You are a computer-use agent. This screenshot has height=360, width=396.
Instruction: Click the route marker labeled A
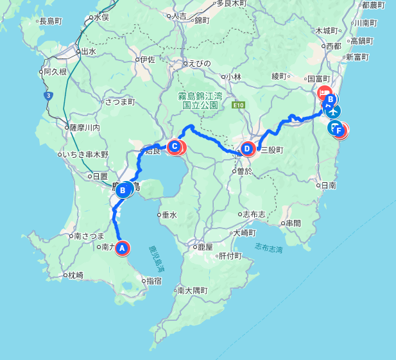122,247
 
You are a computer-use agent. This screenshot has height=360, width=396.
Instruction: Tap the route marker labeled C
174,147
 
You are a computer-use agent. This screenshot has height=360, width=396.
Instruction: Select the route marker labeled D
247,149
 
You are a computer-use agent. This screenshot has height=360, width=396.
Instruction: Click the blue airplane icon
333,111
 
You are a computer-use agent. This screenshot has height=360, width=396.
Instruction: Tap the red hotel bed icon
325,92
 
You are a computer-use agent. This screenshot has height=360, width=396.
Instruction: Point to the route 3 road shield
48,95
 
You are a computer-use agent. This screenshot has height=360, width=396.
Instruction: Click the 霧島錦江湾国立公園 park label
200,99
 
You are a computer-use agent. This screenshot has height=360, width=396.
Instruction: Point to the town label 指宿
153,280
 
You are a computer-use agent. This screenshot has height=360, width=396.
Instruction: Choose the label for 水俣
101,17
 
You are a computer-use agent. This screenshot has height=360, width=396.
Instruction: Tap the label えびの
198,63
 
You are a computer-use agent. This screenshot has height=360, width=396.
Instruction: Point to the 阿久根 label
55,71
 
